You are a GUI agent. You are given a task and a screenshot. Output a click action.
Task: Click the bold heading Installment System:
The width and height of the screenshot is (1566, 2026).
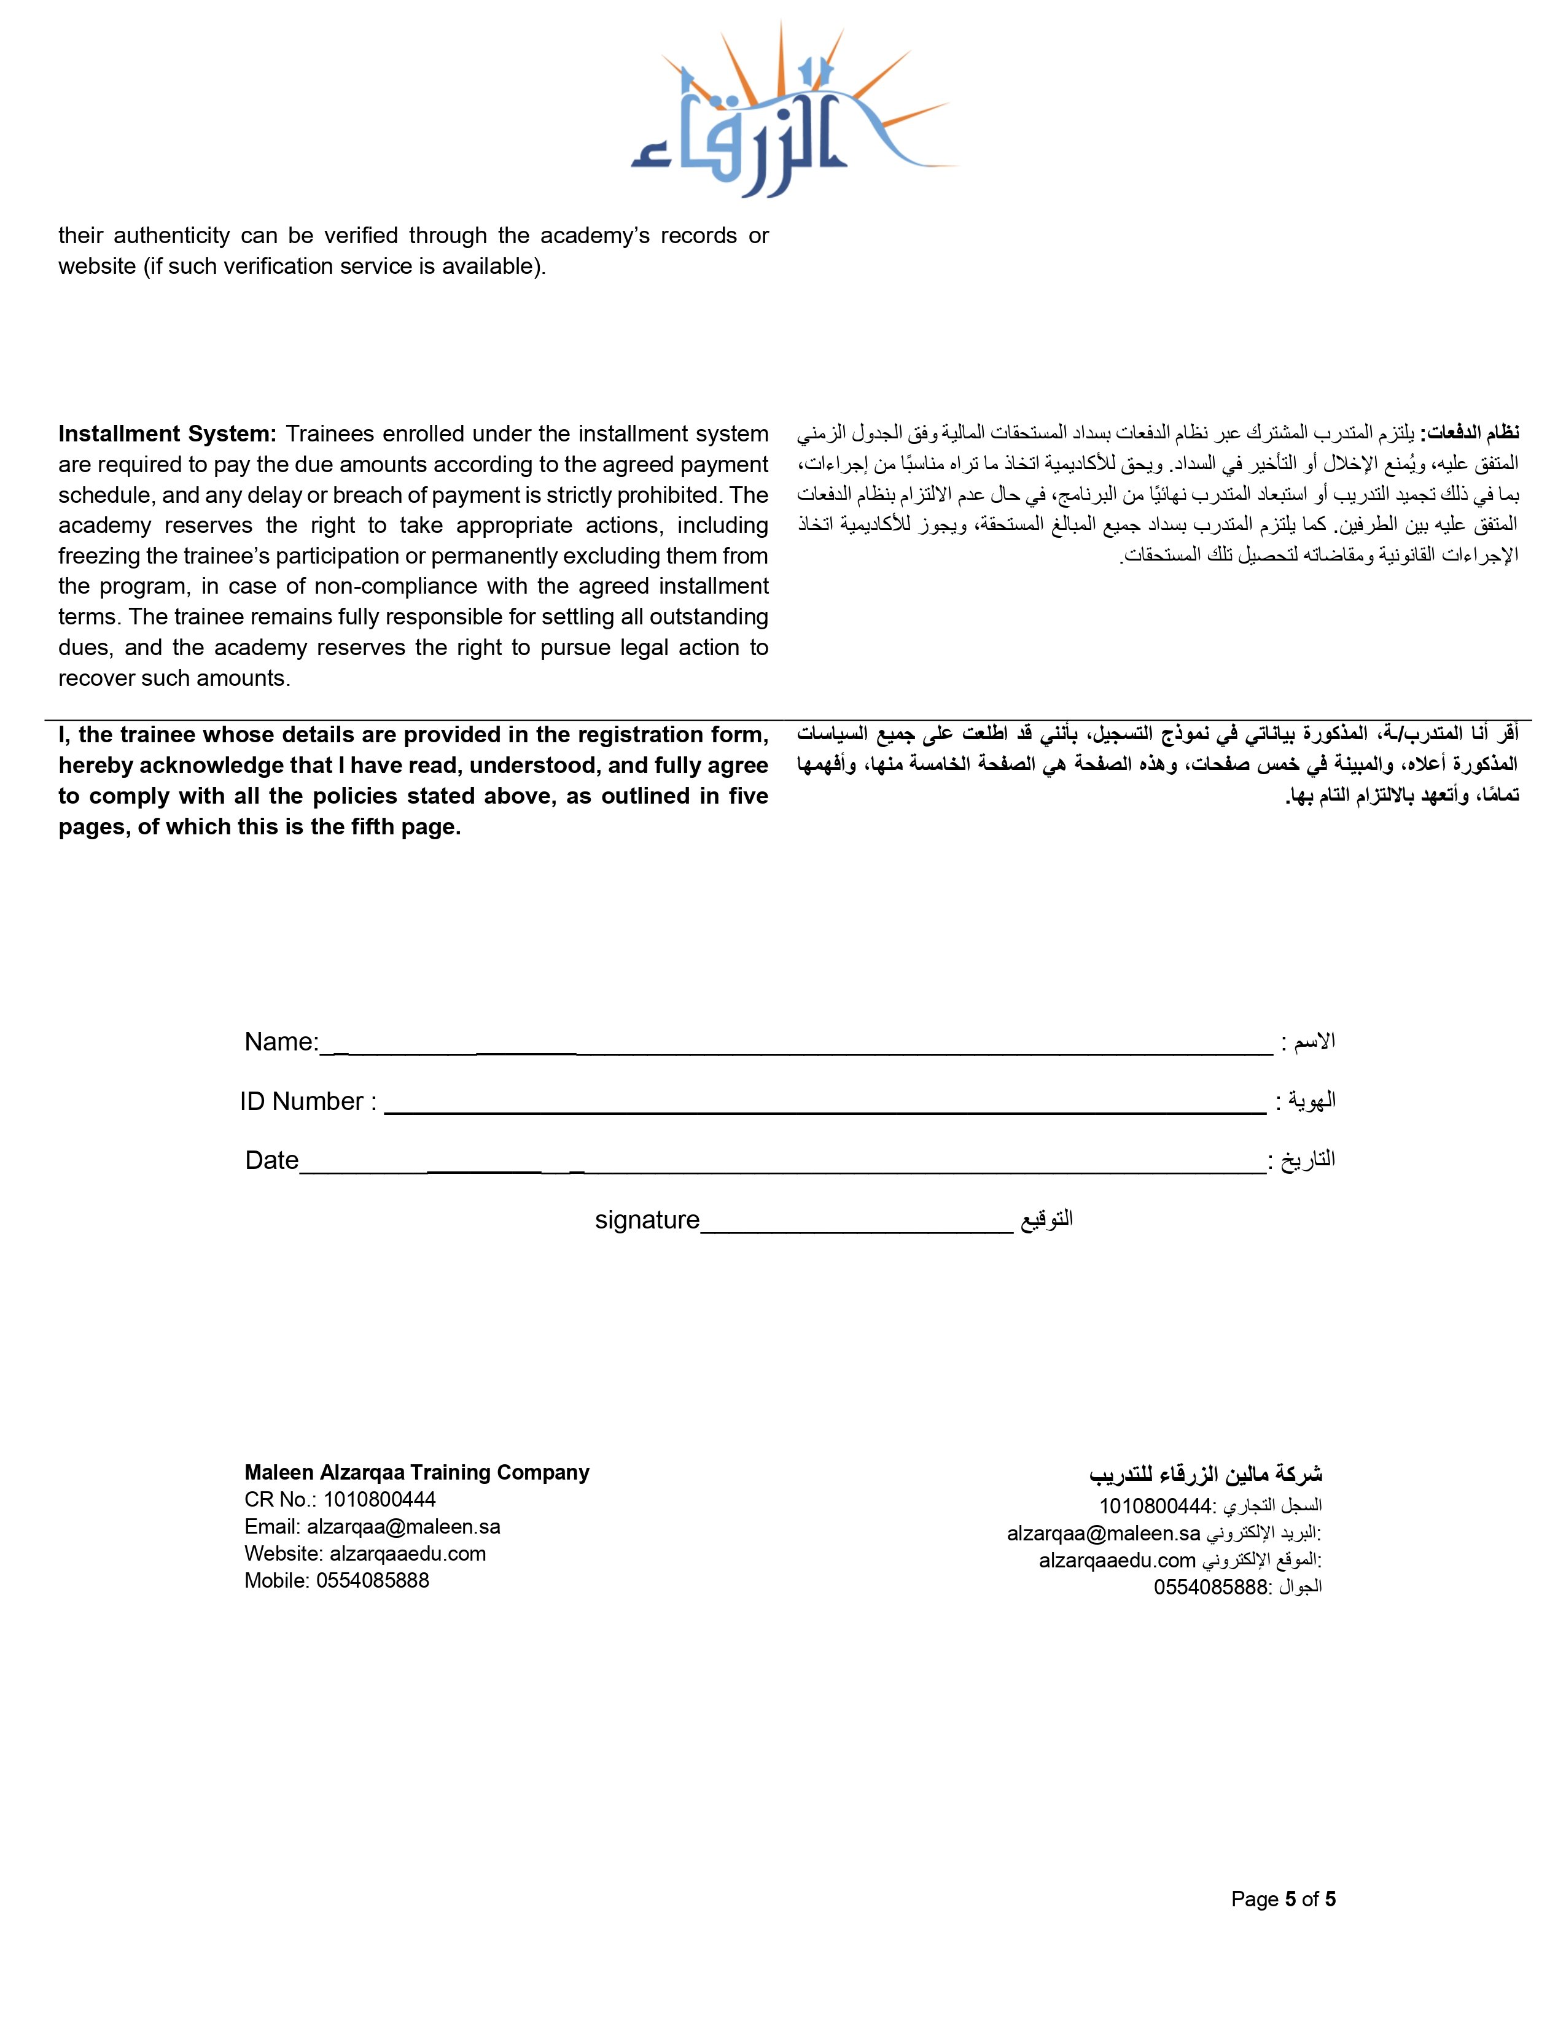167,434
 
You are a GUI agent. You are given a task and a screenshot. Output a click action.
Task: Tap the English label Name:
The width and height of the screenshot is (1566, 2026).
281,1042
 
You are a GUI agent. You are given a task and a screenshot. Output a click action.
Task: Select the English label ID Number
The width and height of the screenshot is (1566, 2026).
302,1101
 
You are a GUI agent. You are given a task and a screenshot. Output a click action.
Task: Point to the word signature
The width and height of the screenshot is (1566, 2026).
647,1220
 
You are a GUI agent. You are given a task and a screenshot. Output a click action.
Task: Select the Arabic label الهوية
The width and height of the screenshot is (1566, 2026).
1311,1101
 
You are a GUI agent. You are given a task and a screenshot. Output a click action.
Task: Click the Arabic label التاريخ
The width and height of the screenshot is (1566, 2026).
1308,1160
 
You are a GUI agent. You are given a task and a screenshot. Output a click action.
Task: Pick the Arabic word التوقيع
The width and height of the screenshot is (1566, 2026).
1046,1219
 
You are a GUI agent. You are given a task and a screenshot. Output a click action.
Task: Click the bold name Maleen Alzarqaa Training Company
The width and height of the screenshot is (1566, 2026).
416,1472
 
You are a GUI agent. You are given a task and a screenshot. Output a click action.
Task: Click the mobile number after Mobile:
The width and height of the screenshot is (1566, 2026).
372,1581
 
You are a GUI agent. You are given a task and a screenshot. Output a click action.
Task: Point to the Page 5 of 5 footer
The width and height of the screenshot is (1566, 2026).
1283,1899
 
